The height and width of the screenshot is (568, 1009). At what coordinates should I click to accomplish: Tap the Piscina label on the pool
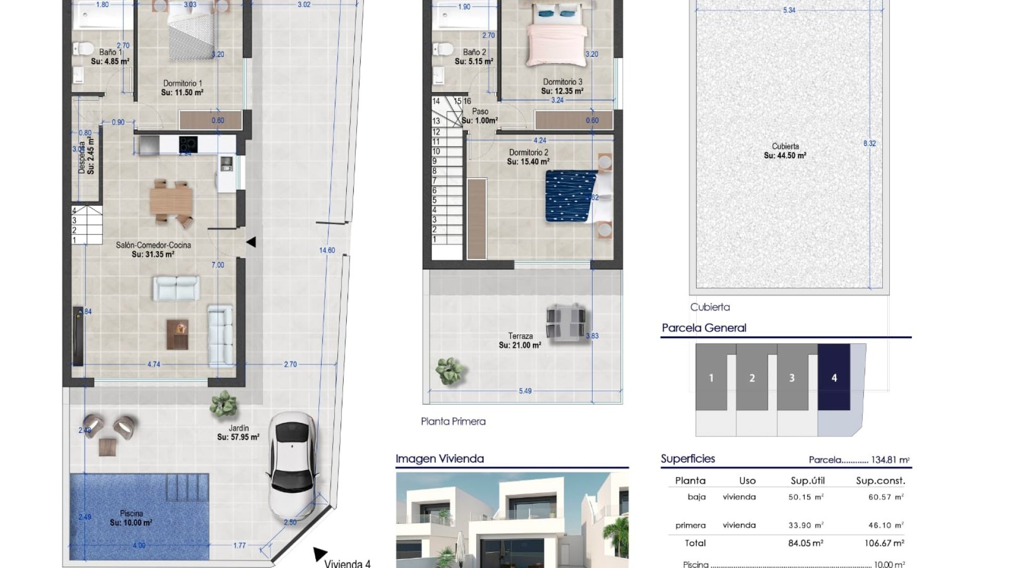click(x=131, y=518)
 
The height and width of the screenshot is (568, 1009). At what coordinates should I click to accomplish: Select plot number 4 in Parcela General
click(x=833, y=378)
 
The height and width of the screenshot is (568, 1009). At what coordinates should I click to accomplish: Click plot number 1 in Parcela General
click(x=711, y=378)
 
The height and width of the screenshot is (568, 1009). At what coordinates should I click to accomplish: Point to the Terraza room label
click(x=520, y=340)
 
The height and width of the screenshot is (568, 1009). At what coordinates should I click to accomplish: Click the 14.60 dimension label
click(x=327, y=250)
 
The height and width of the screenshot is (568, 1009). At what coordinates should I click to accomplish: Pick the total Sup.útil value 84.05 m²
click(x=806, y=543)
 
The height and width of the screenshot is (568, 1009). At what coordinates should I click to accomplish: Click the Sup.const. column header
click(x=880, y=481)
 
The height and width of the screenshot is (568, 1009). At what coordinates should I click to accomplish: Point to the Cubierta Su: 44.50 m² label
click(x=785, y=151)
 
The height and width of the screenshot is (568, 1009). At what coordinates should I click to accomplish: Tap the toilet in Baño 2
click(x=442, y=50)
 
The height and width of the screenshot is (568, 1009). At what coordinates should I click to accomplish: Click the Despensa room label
click(x=86, y=156)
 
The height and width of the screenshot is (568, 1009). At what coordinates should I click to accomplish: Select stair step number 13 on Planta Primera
click(x=436, y=121)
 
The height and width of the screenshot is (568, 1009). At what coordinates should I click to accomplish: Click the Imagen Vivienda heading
click(x=439, y=459)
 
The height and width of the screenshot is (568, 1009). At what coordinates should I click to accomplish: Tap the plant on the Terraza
click(x=450, y=371)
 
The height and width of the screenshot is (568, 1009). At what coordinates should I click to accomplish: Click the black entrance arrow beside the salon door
click(x=251, y=242)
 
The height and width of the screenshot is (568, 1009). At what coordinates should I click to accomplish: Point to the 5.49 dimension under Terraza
click(x=525, y=391)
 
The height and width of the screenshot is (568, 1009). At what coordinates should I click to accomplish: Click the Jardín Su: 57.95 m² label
click(x=238, y=432)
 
